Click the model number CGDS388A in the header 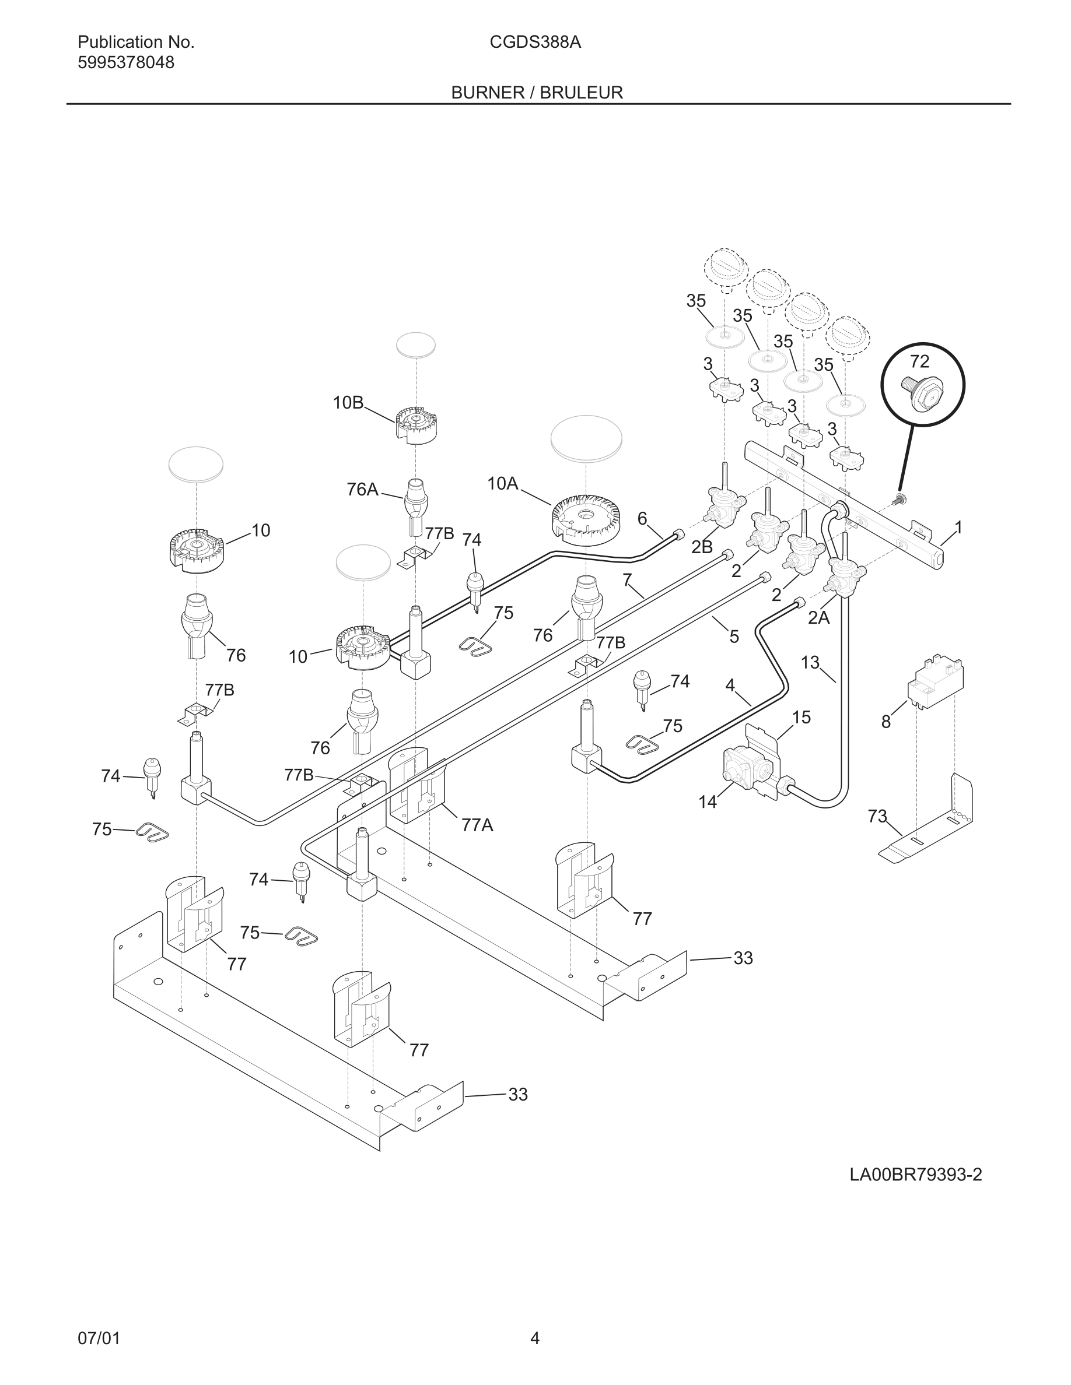click(x=535, y=43)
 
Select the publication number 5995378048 click(x=125, y=63)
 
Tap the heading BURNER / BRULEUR click(x=537, y=93)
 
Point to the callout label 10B click(x=348, y=402)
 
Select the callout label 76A click(x=362, y=489)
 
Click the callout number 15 click(x=801, y=717)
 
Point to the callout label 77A click(x=477, y=825)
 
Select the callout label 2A click(x=818, y=618)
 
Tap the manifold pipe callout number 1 click(x=958, y=527)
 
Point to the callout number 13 click(x=810, y=662)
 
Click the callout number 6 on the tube click(x=642, y=519)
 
